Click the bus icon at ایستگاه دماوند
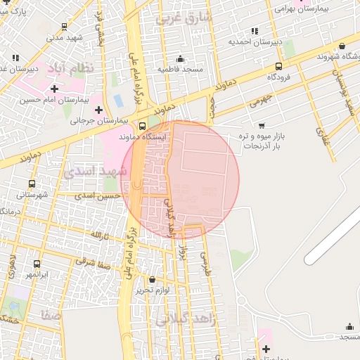[x=143, y=127]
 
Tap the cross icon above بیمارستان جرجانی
[x=98, y=110]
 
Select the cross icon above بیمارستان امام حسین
[x=54, y=89]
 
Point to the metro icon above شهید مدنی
[x=65, y=27]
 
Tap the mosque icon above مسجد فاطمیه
[x=181, y=58]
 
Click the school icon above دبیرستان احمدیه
[x=254, y=31]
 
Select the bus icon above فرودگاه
[x=279, y=65]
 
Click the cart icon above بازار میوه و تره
[x=262, y=126]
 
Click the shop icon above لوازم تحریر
[x=153, y=279]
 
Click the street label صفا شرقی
[x=94, y=265]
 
